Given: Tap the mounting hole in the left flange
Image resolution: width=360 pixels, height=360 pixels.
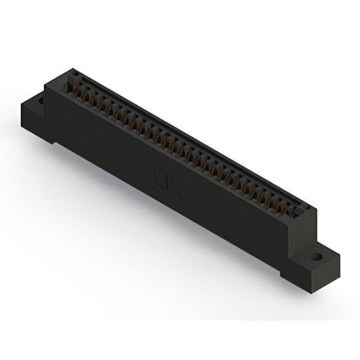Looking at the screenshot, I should (x=41, y=101).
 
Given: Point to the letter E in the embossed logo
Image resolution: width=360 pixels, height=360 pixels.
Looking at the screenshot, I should (x=155, y=170).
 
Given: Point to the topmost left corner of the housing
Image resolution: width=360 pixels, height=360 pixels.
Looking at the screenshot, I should (x=72, y=70).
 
